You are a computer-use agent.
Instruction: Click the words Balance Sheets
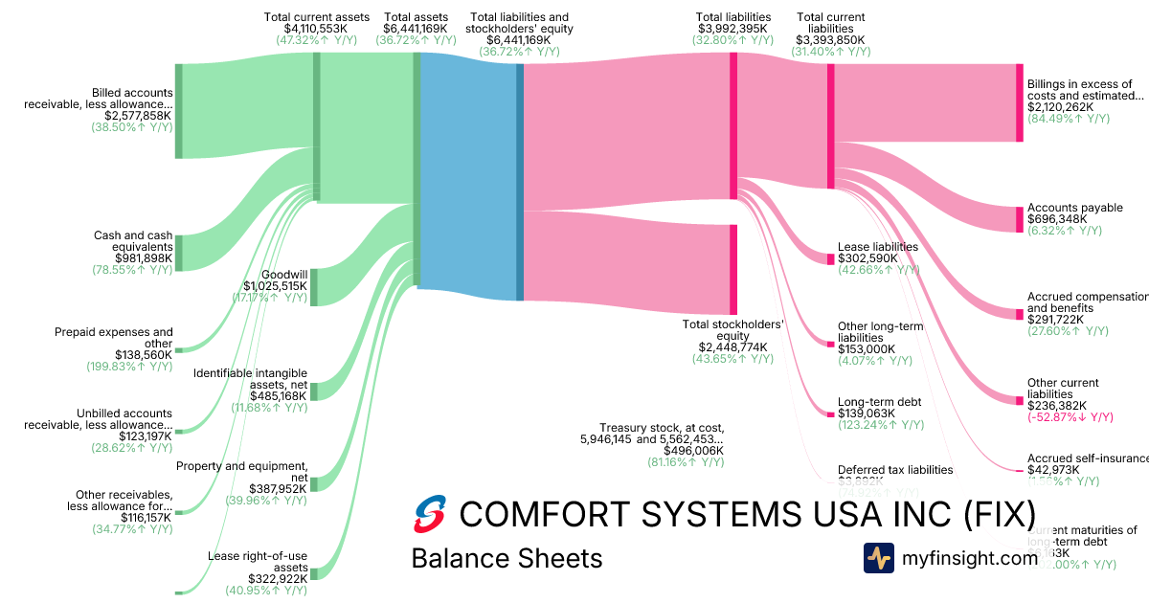(507, 558)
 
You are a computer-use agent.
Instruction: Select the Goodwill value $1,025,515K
(276, 285)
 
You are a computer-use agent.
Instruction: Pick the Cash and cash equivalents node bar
(178, 253)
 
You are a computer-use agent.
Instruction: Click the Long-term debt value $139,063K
(867, 413)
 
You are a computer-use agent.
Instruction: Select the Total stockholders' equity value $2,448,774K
(732, 347)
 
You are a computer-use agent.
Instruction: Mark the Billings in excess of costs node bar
(1020, 103)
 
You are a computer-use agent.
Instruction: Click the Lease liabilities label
(878, 247)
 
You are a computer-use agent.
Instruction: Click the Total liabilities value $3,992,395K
(733, 29)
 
